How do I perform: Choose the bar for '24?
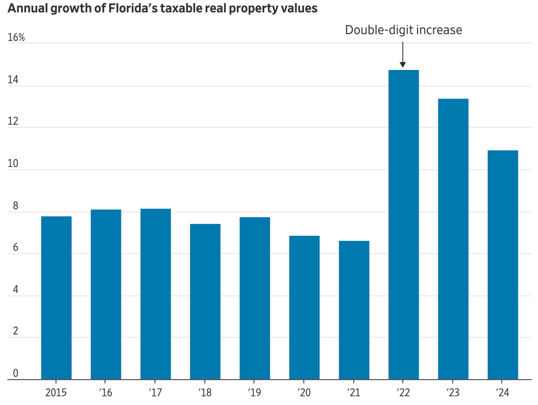tap(503, 264)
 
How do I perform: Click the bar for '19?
tap(255, 298)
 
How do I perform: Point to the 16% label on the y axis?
tap(16, 38)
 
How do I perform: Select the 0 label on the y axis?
tap(15, 373)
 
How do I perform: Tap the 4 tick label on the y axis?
tap(15, 289)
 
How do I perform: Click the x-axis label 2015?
tap(56, 393)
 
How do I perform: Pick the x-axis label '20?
tap(304, 393)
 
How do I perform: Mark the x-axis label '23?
tap(453, 393)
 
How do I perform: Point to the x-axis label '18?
tap(205, 393)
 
